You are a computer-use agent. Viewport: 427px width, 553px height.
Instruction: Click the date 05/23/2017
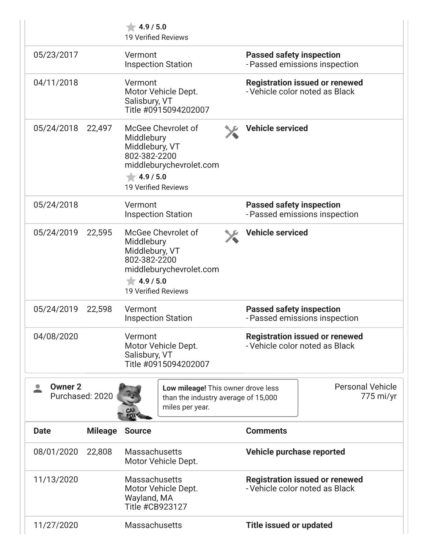(56, 55)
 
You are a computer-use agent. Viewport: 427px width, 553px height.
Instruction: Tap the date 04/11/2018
(56, 83)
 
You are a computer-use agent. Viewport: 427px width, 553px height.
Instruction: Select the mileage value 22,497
(99, 128)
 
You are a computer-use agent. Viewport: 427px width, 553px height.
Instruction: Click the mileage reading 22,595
(99, 233)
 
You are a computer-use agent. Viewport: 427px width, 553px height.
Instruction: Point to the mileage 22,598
(99, 309)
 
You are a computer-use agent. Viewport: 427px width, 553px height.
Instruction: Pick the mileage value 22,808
(99, 452)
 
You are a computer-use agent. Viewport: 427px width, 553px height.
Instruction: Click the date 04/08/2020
(56, 336)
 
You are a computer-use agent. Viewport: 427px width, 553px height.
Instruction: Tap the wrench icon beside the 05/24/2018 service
(231, 132)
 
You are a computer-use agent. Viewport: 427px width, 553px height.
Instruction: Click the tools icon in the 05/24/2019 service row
(231, 236)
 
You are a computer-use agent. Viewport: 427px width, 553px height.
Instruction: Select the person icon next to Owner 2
(38, 389)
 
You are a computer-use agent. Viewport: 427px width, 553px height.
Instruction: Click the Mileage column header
(101, 431)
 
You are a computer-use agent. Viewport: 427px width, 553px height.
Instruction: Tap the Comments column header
(266, 431)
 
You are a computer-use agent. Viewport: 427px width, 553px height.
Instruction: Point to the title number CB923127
(156, 507)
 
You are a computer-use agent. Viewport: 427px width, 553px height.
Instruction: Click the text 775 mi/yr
(378, 396)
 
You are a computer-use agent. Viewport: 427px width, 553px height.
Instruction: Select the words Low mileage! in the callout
(184, 388)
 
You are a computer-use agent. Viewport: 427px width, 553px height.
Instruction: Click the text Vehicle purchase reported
(295, 452)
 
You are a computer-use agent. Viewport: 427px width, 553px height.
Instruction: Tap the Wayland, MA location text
(149, 498)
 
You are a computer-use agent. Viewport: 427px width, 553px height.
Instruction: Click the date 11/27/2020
(56, 525)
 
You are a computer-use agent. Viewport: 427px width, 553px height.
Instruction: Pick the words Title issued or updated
(289, 525)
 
